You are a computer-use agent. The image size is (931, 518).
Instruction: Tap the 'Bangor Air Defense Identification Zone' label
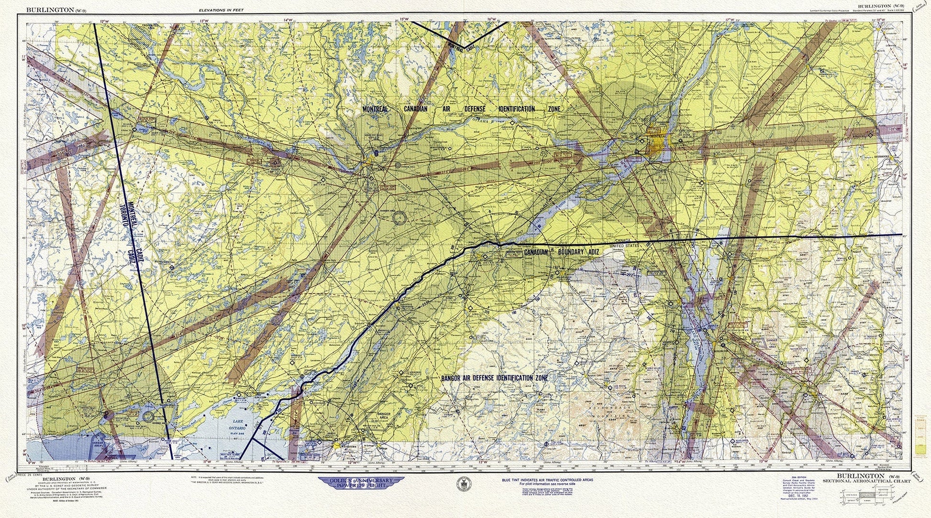[494, 378]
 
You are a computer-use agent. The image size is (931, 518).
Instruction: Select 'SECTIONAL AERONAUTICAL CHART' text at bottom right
[866, 481]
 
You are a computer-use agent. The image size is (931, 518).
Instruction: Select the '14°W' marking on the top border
[288, 20]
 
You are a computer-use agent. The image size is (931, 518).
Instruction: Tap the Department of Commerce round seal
[462, 482]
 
